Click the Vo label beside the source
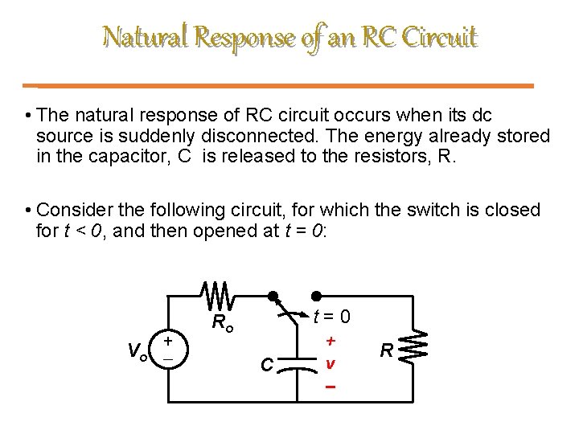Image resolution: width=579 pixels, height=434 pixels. pyautogui.click(x=136, y=350)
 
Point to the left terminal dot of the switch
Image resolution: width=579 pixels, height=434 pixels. pyautogui.click(x=273, y=296)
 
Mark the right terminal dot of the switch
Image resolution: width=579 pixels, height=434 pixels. pyautogui.click(x=316, y=296)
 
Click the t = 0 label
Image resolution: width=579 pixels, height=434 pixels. pyautogui.click(x=332, y=317)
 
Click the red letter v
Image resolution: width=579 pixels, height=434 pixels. pyautogui.click(x=330, y=363)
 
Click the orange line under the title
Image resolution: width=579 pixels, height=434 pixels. pyautogui.click(x=285, y=85)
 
